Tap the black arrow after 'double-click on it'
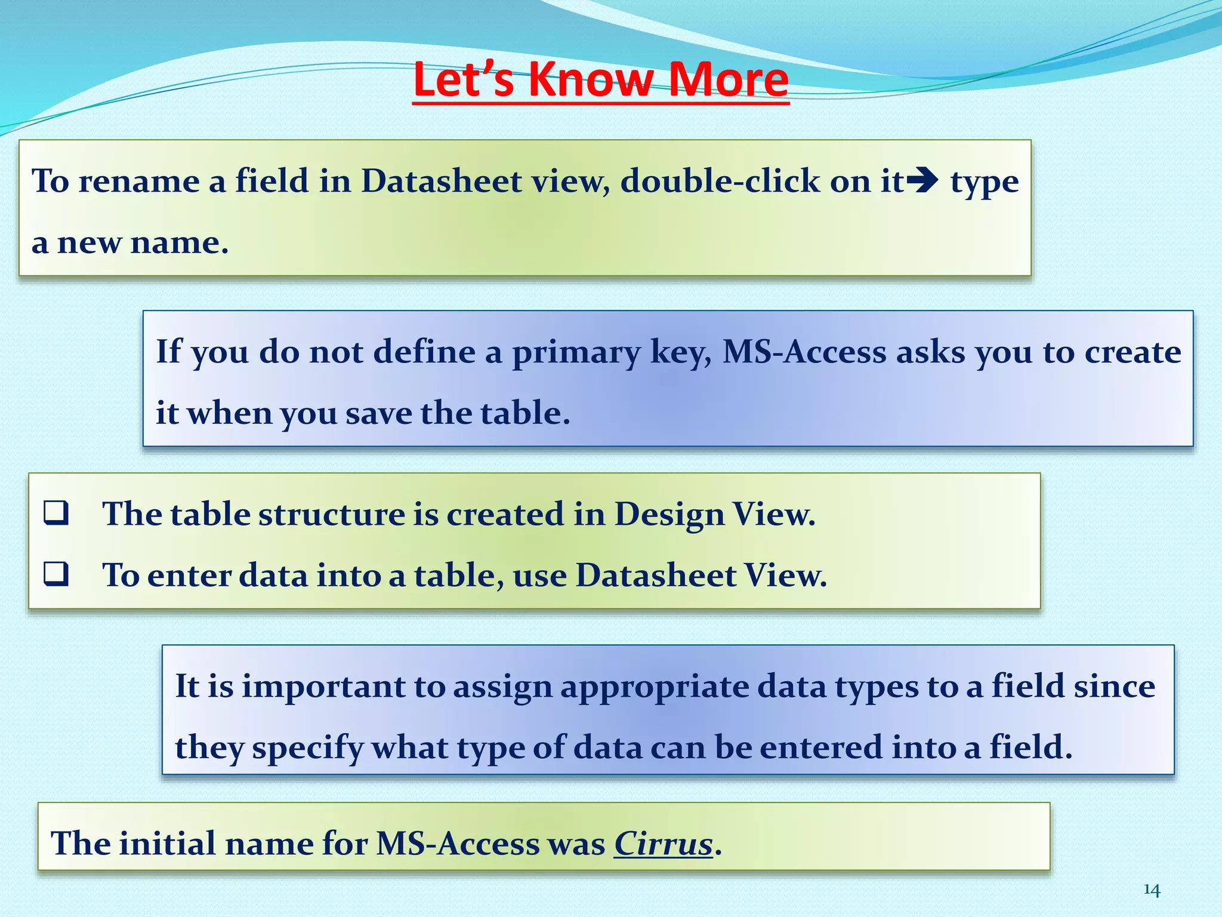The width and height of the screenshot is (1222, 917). click(926, 180)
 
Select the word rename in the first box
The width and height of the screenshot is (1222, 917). click(138, 181)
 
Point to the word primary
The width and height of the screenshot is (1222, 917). click(576, 352)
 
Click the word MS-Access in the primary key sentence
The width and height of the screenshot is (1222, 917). click(804, 352)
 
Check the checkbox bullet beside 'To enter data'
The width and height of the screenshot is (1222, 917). click(56, 574)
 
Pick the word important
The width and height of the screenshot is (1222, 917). click(323, 687)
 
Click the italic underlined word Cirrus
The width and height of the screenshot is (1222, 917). click(664, 844)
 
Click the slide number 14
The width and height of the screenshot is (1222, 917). click(1152, 890)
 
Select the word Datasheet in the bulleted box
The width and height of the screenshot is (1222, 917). click(656, 576)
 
